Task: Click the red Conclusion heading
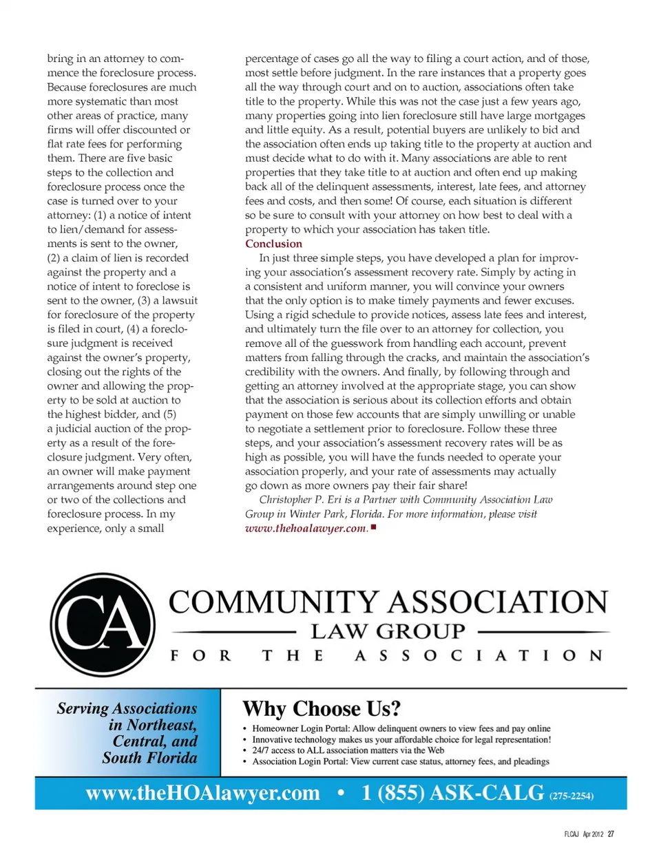(273, 244)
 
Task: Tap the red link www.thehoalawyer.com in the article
(306, 528)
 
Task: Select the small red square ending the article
(373, 527)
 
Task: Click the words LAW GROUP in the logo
(388, 631)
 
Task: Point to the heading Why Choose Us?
(321, 708)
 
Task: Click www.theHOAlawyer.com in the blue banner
(203, 793)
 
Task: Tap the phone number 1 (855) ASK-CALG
(452, 793)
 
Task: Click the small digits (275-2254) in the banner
(571, 796)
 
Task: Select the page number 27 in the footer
(611, 834)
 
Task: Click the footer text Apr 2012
(592, 834)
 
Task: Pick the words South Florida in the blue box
(149, 758)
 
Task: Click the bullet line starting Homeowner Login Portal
(401, 728)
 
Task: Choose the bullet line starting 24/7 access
(348, 750)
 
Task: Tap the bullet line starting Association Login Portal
(400, 761)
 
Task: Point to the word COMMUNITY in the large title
(275, 602)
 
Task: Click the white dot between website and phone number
(341, 793)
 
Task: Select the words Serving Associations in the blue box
(127, 708)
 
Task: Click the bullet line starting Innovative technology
(401, 739)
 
